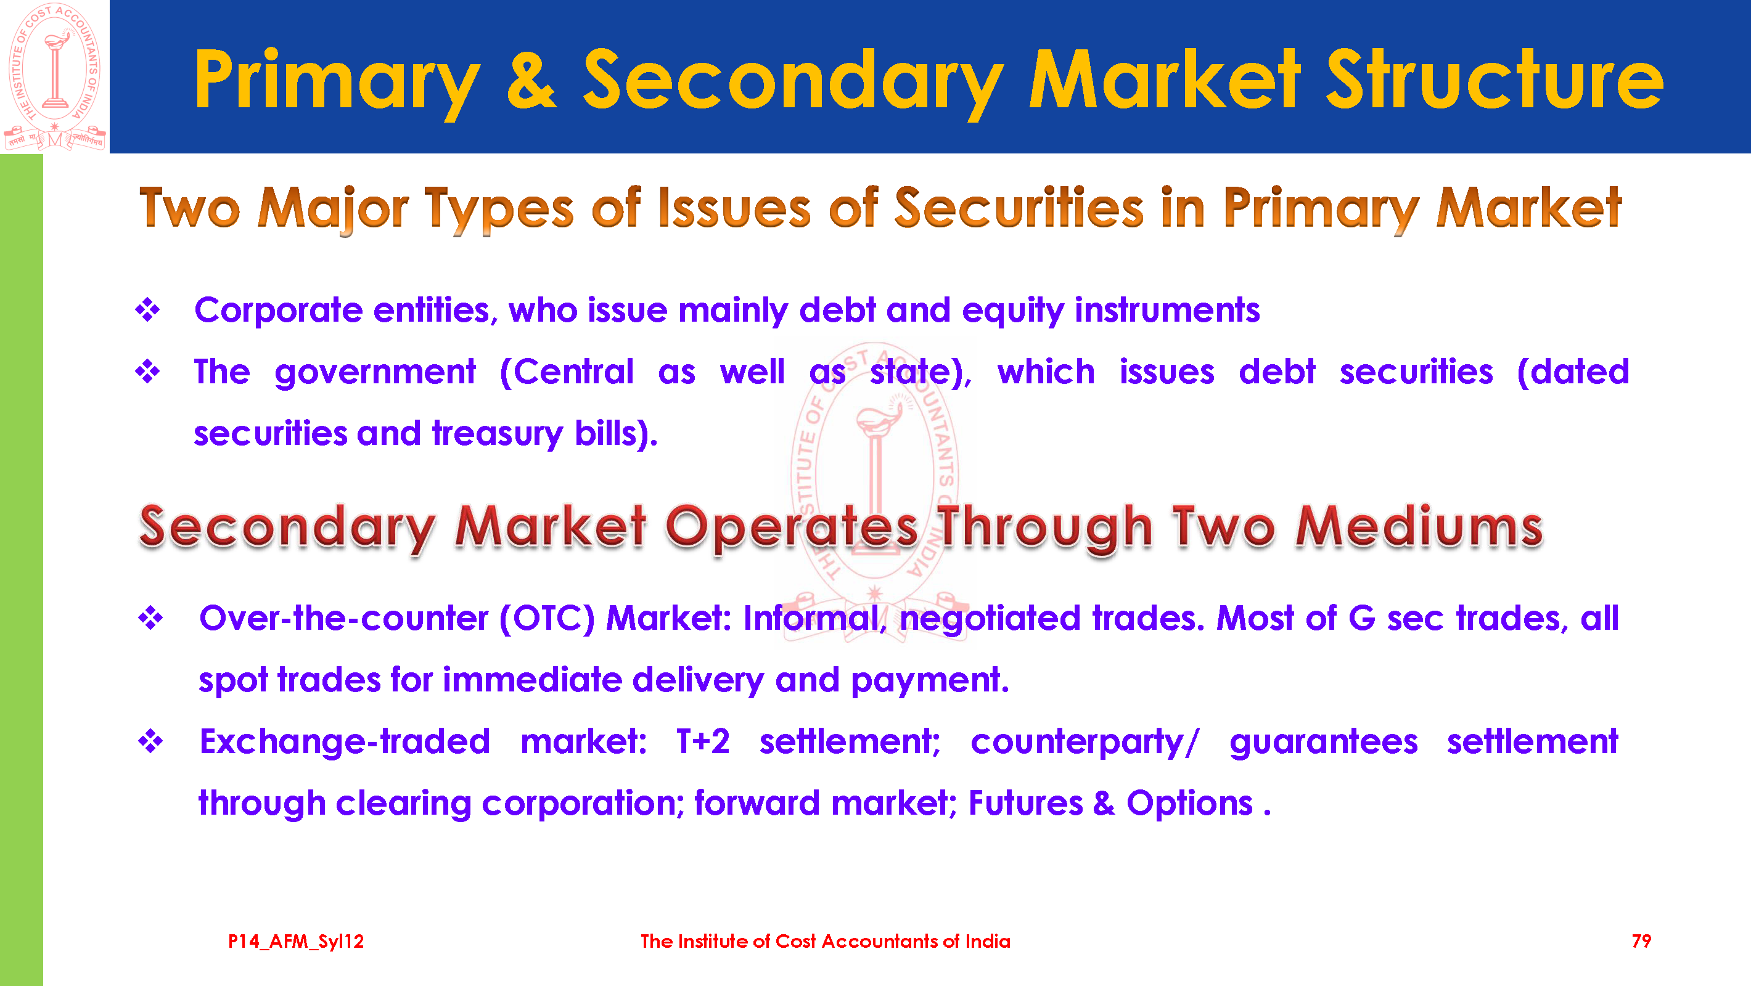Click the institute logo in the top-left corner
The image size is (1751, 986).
click(x=55, y=76)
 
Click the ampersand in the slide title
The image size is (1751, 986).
click(x=531, y=79)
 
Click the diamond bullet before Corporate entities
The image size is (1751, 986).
click(x=147, y=310)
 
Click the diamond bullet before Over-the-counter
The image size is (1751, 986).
click(x=150, y=617)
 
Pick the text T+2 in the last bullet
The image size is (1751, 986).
click(x=703, y=741)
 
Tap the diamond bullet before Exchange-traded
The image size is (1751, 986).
click(x=150, y=741)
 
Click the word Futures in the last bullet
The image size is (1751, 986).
click(x=1025, y=803)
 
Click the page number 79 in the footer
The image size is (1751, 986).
click(x=1641, y=941)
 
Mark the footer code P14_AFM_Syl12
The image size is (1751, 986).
click(x=296, y=942)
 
